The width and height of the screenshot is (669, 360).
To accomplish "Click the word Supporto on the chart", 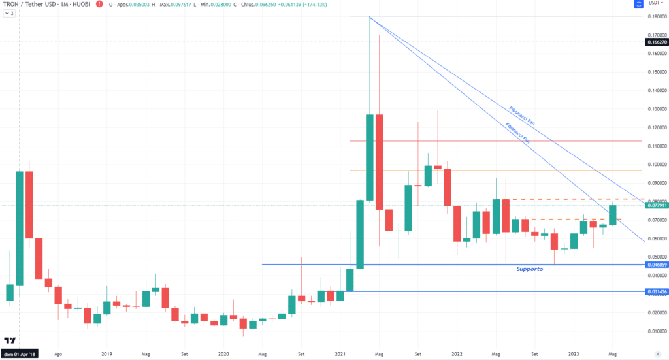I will pyautogui.click(x=529, y=269).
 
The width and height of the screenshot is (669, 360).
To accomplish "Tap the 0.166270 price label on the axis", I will pyautogui.click(x=657, y=42).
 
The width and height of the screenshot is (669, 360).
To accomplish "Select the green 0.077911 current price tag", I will pyautogui.click(x=657, y=205).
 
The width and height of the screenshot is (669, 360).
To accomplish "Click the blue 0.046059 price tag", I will pyautogui.click(x=657, y=265).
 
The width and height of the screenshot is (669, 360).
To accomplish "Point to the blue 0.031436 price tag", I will pyautogui.click(x=657, y=291).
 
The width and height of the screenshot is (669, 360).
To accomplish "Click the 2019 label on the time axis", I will pyautogui.click(x=106, y=355).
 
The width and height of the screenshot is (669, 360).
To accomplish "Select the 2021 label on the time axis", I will pyautogui.click(x=339, y=355).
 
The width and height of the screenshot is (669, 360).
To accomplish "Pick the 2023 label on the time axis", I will pyautogui.click(x=573, y=355).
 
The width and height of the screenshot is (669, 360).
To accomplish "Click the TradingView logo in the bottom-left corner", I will pyautogui.click(x=10, y=341).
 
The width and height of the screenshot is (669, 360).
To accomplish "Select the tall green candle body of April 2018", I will pyautogui.click(x=20, y=228).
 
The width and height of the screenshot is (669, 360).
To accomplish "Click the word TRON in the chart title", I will pyautogui.click(x=12, y=5).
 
